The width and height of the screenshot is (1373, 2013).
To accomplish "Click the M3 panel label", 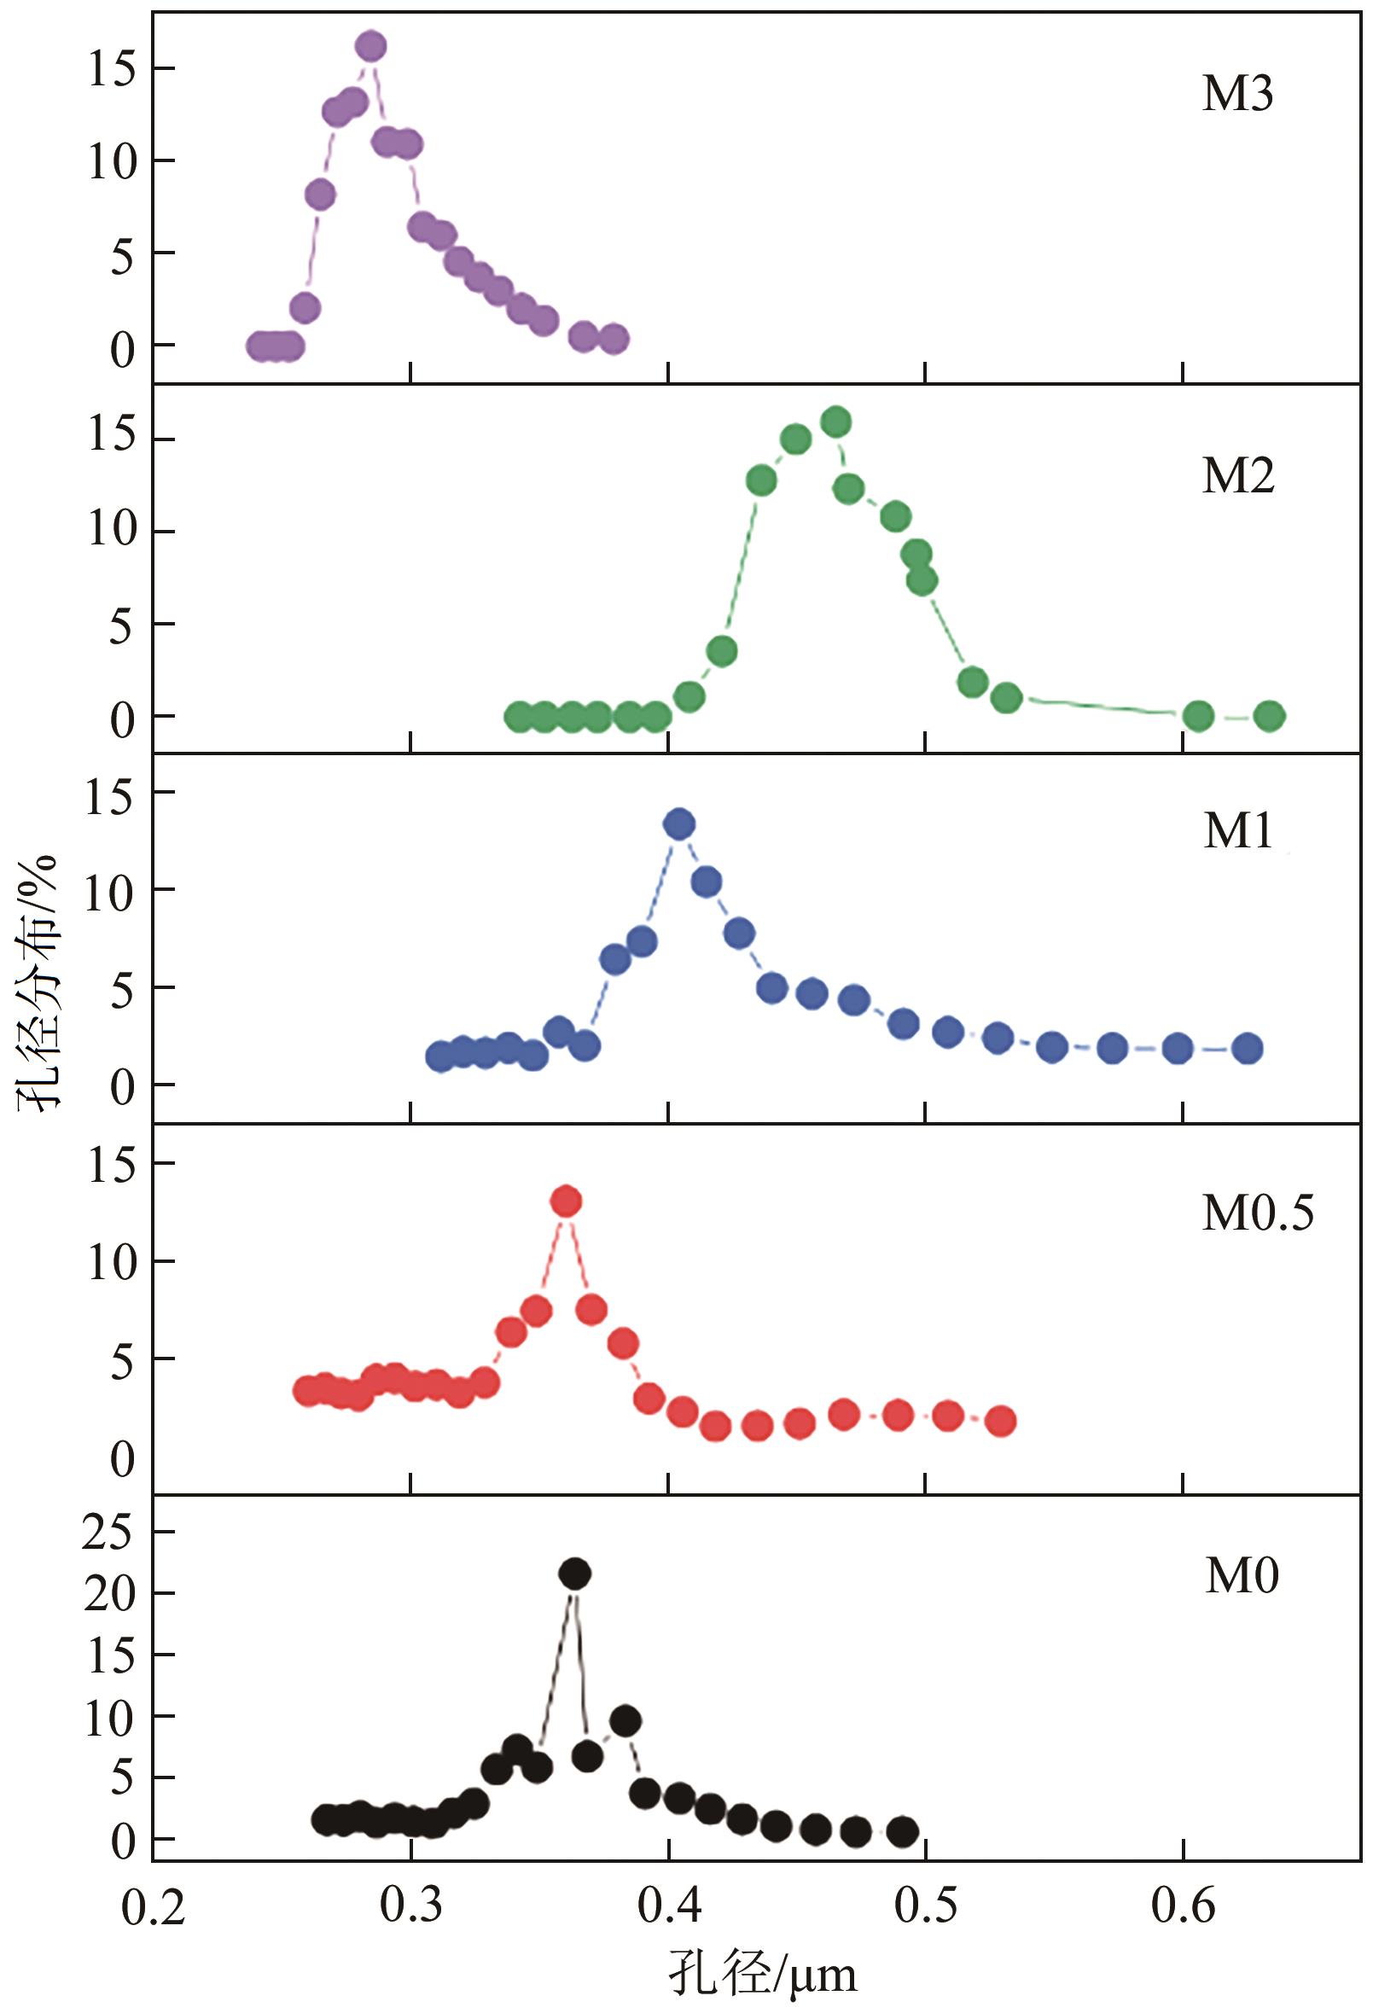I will (x=1237, y=94).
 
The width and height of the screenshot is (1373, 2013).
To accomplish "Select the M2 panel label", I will (x=1238, y=475).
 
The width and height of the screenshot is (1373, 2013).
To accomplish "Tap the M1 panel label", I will (x=1238, y=830).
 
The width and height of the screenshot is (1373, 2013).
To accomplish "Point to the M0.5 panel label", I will (x=1257, y=1213).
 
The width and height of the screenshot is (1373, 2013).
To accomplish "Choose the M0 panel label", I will (x=1242, y=1575).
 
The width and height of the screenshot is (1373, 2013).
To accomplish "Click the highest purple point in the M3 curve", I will (x=370, y=47).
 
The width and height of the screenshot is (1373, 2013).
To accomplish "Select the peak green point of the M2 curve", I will (x=836, y=422).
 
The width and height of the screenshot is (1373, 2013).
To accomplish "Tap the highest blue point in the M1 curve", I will (x=679, y=823).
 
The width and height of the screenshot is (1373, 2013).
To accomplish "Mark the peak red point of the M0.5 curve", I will (x=567, y=1201).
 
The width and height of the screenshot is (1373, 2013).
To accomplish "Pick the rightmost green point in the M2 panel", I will (x=1269, y=715).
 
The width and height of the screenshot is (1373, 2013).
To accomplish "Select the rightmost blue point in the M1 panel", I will (x=1248, y=1048).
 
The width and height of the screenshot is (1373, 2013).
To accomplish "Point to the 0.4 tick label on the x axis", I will (x=669, y=1905).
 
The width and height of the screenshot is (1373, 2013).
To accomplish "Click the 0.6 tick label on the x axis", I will (x=1183, y=1905).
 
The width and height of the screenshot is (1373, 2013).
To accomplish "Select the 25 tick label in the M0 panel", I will (x=108, y=1533).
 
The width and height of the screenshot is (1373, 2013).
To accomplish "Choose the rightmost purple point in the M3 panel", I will (x=614, y=340).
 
